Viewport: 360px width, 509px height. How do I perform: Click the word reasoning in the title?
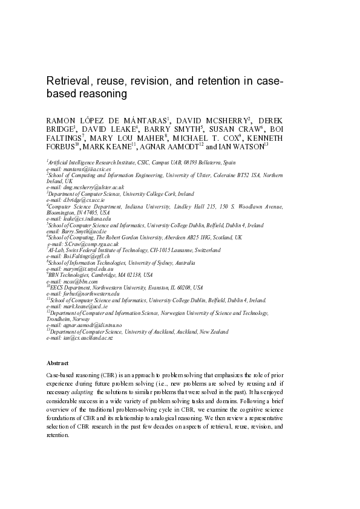click(x=100, y=95)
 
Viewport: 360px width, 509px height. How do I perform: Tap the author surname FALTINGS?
click(x=63, y=137)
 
